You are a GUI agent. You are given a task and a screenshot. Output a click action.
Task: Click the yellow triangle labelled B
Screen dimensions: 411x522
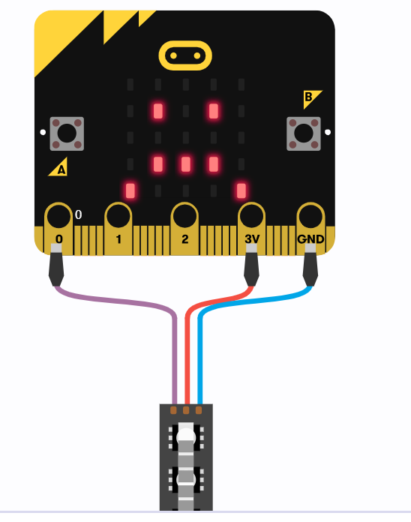pyautogui.click(x=310, y=97)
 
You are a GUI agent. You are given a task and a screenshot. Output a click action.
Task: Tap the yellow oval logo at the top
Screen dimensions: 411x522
pyautogui.click(x=185, y=55)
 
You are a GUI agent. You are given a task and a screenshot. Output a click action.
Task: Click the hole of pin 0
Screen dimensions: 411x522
pyautogui.click(x=59, y=217)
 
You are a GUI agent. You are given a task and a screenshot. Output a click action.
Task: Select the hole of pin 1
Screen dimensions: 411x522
pyautogui.click(x=118, y=217)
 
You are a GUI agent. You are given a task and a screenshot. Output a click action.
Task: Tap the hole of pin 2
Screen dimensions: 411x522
pyautogui.click(x=184, y=217)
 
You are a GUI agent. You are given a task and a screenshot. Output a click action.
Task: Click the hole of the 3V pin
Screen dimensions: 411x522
pyautogui.click(x=251, y=217)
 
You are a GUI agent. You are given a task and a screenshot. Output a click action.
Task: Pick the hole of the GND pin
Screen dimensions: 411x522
pyautogui.click(x=310, y=217)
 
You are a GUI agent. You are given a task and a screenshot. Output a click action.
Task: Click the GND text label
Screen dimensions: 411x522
pyautogui.click(x=310, y=239)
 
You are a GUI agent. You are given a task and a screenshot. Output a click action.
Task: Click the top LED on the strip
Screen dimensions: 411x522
pyautogui.click(x=186, y=436)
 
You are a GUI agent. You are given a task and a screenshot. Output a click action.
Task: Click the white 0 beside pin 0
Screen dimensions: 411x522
pyautogui.click(x=78, y=214)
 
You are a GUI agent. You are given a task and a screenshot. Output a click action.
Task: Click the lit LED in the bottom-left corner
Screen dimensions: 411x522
pyautogui.click(x=130, y=190)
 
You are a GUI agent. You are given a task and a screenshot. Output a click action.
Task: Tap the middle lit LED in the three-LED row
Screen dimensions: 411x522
pyautogui.click(x=186, y=164)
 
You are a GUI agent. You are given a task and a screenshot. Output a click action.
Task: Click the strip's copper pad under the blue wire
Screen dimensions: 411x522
pyautogui.click(x=199, y=410)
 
